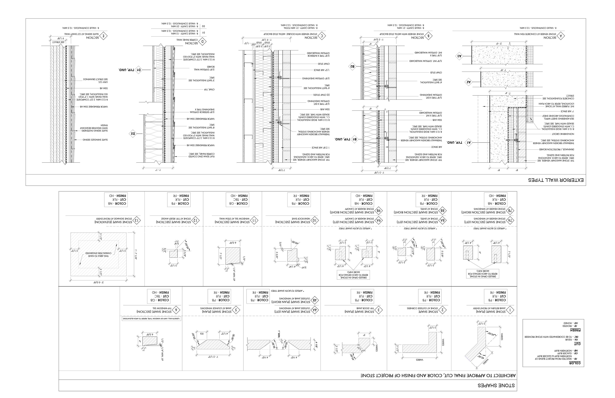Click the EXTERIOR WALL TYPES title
point(556,180)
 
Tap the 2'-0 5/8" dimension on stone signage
point(99,282)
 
